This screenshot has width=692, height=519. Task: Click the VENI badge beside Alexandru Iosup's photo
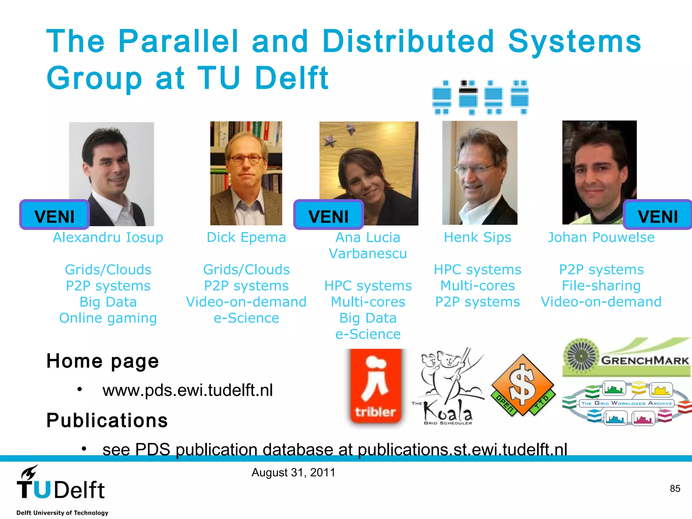[x=54, y=215]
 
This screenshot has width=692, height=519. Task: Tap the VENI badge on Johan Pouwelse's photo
[x=658, y=215]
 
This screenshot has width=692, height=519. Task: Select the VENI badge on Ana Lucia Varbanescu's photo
[x=328, y=215]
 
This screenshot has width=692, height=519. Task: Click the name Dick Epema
[x=246, y=237]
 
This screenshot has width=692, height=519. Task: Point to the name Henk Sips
[x=477, y=237]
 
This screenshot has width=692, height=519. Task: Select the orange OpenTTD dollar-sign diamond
[x=523, y=385]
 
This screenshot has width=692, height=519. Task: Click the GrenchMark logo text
[x=645, y=360]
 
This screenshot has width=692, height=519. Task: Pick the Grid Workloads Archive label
[x=627, y=403]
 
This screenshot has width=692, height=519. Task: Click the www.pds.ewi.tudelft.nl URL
[x=188, y=390]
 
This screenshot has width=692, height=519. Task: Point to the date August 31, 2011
[x=293, y=472]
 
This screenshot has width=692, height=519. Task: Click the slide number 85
[x=675, y=489]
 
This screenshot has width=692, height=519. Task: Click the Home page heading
[x=102, y=361]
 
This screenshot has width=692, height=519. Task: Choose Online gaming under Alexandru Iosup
[x=108, y=318]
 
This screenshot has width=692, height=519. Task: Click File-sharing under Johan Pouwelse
[x=601, y=286]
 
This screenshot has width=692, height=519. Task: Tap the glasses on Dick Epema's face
[x=246, y=158]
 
